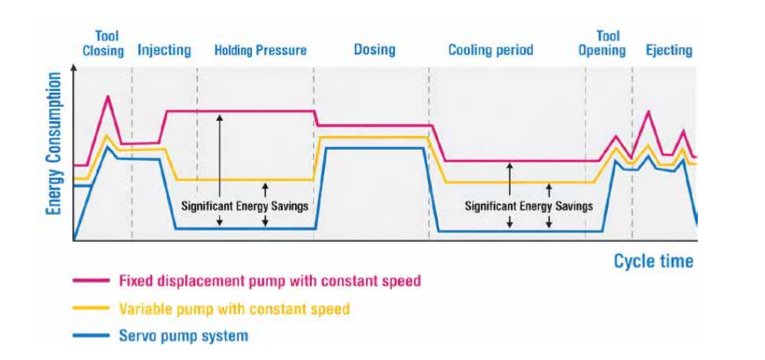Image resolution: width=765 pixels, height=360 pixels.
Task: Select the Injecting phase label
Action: pos(164,50)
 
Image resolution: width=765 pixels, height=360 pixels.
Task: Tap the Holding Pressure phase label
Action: pos(261,50)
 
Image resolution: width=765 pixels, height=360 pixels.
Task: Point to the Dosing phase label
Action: pos(374,50)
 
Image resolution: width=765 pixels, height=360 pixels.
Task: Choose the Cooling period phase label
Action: pos(490,50)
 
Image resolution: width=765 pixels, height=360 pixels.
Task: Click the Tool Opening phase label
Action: pos(602,44)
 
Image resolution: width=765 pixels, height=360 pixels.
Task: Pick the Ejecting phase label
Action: pos(669,50)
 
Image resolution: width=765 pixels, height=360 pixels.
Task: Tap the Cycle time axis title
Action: pos(653,261)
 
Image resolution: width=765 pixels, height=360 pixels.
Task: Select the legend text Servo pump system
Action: pos(183,336)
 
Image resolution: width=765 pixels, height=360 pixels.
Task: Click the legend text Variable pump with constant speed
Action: pos(234,309)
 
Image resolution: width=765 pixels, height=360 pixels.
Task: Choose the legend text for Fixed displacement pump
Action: pos(270,281)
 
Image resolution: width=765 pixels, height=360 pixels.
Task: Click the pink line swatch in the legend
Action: pos(91,281)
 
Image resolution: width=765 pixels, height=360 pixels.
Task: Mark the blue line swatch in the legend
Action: pos(91,336)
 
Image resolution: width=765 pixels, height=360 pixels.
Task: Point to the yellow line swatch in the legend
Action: pos(91,308)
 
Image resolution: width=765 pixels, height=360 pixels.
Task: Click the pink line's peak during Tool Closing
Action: pos(108,96)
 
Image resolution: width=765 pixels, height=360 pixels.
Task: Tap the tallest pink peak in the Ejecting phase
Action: pos(648,111)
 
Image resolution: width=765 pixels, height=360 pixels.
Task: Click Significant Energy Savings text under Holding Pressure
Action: pos(244,206)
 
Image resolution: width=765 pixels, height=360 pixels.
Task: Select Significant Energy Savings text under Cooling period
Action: pos(528,206)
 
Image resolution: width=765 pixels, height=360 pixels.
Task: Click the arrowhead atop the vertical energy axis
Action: pos(74,68)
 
